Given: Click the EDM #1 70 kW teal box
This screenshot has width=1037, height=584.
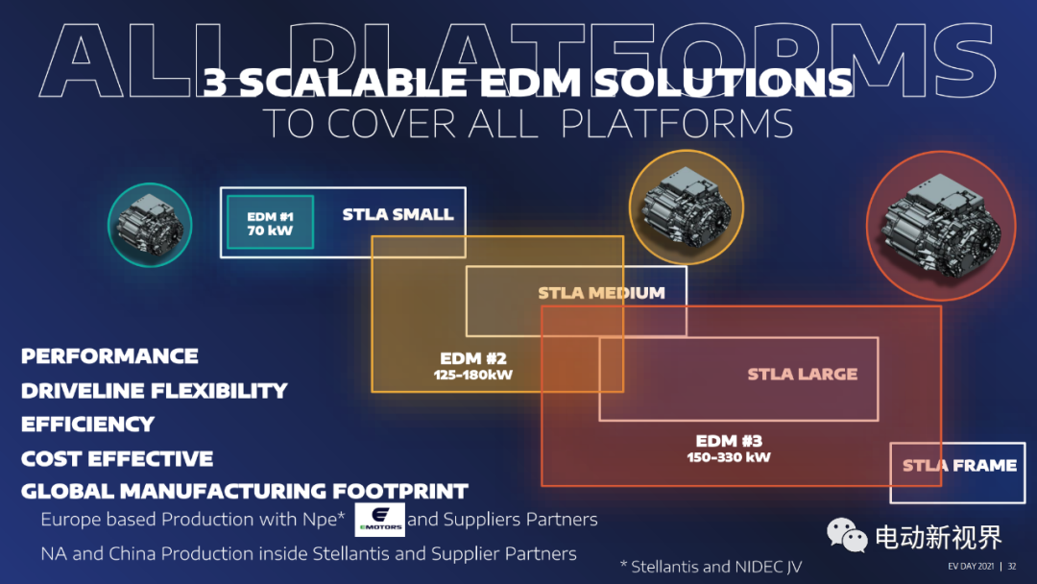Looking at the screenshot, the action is click(x=270, y=222).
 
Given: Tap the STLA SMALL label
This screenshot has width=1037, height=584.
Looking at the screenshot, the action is click(x=398, y=214).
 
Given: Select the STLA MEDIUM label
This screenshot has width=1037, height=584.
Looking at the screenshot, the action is click(x=601, y=292).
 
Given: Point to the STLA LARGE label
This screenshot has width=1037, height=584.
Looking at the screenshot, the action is click(x=802, y=375).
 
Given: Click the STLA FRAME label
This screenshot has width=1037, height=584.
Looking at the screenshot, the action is click(x=959, y=466).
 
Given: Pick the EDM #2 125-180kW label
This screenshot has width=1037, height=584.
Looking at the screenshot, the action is click(x=472, y=366).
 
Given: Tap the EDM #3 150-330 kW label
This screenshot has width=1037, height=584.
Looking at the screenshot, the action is click(x=729, y=449).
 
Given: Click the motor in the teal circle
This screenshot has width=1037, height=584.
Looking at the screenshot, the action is click(x=150, y=225).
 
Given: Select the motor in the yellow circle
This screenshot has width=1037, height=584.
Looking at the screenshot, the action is click(x=686, y=207).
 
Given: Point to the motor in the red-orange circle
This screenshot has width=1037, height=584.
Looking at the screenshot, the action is click(x=941, y=225).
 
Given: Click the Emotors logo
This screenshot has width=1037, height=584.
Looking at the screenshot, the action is click(x=379, y=520).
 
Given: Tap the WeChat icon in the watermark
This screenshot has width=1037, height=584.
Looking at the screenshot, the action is click(x=847, y=534).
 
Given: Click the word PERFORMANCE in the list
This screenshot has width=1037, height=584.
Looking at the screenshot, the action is click(x=109, y=355).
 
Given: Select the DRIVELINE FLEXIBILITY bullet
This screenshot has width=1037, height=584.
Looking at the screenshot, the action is click(x=154, y=390).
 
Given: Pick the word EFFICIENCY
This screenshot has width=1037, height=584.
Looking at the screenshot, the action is click(x=88, y=424).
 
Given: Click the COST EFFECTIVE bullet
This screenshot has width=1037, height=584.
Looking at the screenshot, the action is click(x=117, y=458).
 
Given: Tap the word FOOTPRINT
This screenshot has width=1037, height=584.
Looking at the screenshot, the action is click(x=400, y=492).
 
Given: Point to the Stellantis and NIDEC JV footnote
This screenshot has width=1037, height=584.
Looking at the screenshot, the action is click(x=711, y=567).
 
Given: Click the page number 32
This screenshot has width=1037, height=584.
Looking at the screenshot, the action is click(x=1012, y=566).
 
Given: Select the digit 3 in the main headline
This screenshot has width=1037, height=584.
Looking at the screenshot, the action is click(x=215, y=83).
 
